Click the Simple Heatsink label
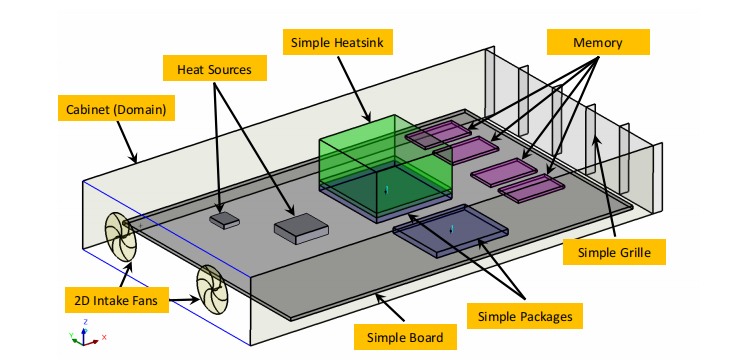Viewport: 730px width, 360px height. point(337,43)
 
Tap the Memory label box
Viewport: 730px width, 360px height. point(598,43)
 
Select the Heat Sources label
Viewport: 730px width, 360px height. point(214,69)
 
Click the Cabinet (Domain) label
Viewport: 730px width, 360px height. point(116,110)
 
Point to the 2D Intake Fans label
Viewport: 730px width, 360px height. point(116,301)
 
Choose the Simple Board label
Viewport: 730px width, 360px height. point(405,337)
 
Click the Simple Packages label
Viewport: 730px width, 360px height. point(525,317)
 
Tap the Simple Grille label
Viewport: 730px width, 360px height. point(614,252)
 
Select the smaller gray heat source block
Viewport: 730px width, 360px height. point(224,220)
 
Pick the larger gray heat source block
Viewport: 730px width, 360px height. point(301,228)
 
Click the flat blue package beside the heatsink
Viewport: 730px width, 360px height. point(450,230)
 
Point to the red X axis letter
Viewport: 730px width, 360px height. point(104,337)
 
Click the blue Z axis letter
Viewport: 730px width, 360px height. point(86,322)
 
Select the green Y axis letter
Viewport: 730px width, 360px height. point(71,335)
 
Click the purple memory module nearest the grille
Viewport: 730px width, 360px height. point(531,188)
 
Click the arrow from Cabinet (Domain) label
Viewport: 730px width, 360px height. point(127,142)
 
